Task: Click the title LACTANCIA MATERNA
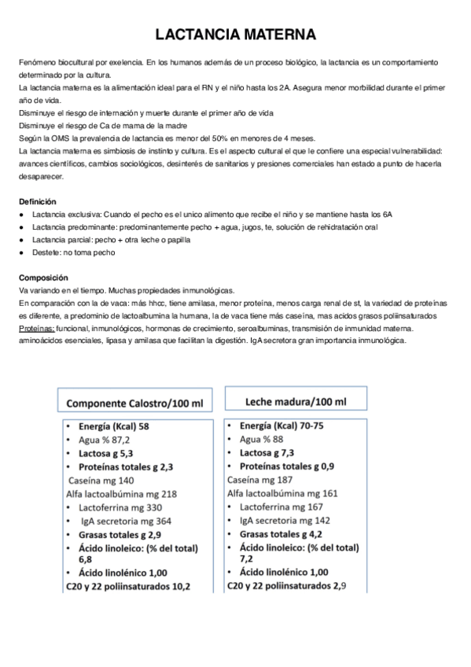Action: click(235, 35)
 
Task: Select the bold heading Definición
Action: click(37, 201)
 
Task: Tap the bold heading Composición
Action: click(43, 278)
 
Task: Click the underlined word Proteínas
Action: click(36, 328)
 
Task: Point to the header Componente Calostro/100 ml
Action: click(134, 403)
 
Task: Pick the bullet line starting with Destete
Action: click(73, 252)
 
